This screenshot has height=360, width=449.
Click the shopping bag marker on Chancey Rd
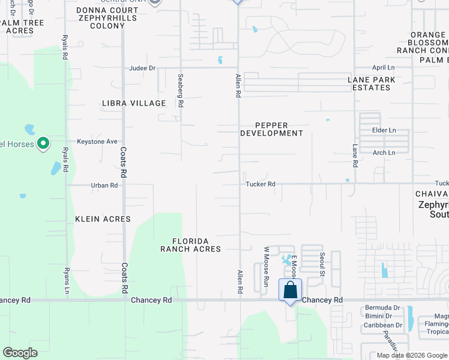(290, 290)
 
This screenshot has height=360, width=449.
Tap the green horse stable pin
(43, 143)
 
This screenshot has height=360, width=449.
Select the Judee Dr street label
(142, 68)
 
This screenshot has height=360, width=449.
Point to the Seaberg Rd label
(180, 90)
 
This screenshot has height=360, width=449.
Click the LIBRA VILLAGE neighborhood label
(134, 103)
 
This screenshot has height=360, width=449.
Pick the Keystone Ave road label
(97, 142)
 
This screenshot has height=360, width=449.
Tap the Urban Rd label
(104, 185)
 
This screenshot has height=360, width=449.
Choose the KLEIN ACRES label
(103, 219)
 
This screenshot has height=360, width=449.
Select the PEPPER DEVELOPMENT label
(272, 129)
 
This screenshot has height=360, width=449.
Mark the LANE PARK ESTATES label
(372, 83)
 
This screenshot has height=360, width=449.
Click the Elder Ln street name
(384, 130)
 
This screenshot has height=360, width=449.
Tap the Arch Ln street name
(384, 153)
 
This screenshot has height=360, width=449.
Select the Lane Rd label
(355, 155)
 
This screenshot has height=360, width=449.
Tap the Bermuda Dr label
(382, 308)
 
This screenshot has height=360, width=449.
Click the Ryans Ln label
(67, 280)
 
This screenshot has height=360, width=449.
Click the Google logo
(20, 353)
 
